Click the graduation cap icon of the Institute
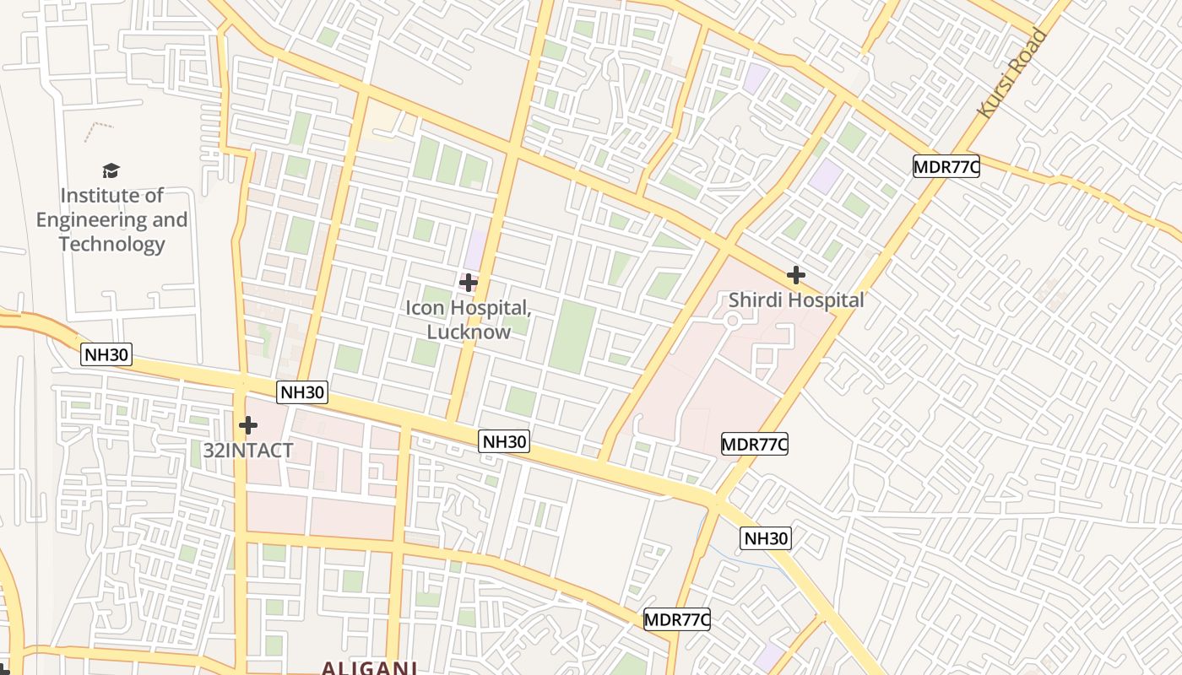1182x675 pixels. point(111,171)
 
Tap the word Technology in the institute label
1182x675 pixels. point(111,245)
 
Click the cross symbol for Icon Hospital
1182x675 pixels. point(468,283)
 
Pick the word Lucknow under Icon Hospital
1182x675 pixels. point(469,332)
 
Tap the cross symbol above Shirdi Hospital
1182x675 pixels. point(795,275)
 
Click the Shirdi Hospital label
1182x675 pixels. point(796,300)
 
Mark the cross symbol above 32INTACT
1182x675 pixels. point(247,425)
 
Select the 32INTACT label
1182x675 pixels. point(247,451)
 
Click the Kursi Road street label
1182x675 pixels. point(1011,73)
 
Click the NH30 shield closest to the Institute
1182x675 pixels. point(106,354)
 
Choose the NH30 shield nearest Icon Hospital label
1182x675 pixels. point(504,440)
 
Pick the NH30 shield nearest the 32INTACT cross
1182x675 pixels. point(302,391)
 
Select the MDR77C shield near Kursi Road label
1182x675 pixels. point(946,166)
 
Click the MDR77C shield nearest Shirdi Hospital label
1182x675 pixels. point(754,444)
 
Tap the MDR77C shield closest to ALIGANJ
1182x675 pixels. point(676,619)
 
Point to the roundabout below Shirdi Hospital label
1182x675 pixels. point(732,321)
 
